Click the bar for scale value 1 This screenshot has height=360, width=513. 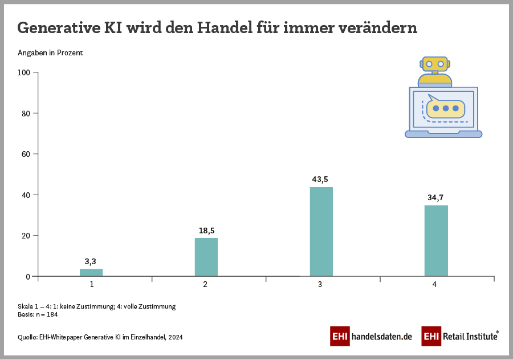[91, 273]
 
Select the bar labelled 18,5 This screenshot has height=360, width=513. [206, 257]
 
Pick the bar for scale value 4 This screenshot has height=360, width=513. [436, 241]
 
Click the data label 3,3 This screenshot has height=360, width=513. [90, 261]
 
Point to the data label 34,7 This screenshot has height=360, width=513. [435, 197]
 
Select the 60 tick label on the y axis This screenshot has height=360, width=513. [26, 154]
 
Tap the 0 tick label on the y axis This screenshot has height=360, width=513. [28, 277]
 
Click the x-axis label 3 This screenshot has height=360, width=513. [320, 284]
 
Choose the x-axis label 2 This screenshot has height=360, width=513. [205, 284]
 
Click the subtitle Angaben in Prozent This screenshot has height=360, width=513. [50, 53]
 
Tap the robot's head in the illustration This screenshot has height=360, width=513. [435, 64]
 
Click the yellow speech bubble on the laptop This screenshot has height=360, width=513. [445, 107]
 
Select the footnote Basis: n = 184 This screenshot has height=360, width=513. [38, 314]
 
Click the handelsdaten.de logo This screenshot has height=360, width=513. [371, 337]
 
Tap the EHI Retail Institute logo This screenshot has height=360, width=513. [460, 337]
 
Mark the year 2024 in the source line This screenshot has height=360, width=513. [175, 337]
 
